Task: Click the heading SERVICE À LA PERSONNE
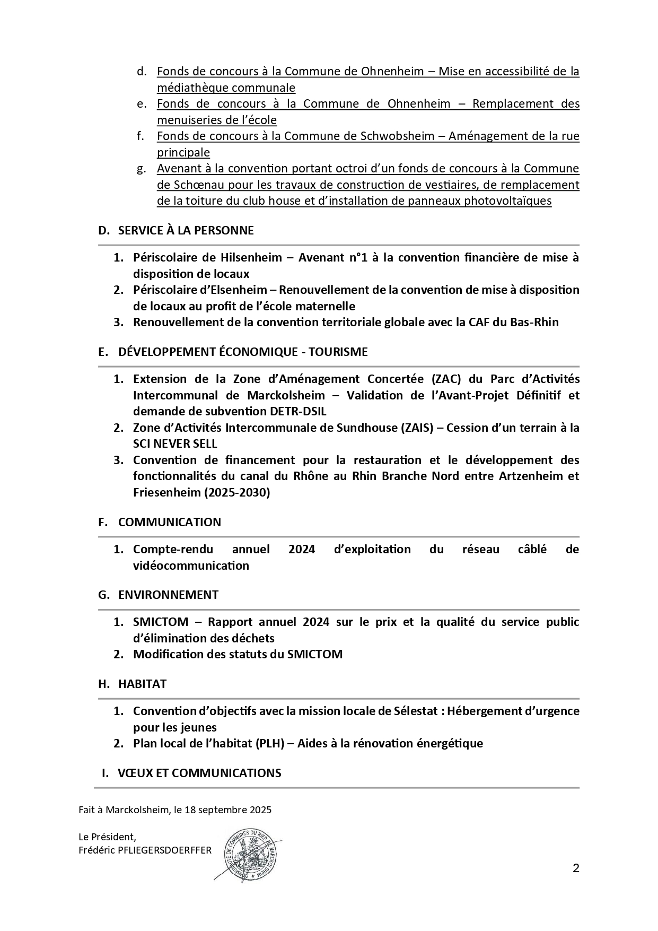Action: pos(186,230)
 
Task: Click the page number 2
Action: pos(576,868)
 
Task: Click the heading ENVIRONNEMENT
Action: pos(168,595)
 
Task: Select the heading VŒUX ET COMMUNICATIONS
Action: pos(199,773)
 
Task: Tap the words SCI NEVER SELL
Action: pos(175,443)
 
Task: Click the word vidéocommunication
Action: pos(191,565)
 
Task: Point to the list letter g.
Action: pos(141,169)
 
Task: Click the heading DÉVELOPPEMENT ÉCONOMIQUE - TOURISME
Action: pos(242,352)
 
